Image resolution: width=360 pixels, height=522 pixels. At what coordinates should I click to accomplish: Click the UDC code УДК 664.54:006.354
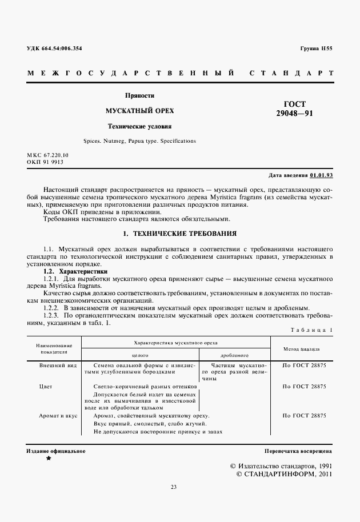pyautogui.click(x=54, y=48)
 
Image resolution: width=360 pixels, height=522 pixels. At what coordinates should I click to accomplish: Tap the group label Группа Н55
pyautogui.click(x=316, y=48)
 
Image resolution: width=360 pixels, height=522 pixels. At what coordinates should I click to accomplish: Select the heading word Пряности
pyautogui.click(x=141, y=95)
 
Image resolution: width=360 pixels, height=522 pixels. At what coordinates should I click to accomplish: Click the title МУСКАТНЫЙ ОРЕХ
pyautogui.click(x=141, y=111)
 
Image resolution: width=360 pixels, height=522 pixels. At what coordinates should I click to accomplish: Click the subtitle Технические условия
pyautogui.click(x=141, y=126)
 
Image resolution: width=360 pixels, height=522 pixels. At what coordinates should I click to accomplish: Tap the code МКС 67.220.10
pyautogui.click(x=47, y=155)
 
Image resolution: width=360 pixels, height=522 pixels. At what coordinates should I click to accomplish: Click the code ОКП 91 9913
pyautogui.click(x=45, y=162)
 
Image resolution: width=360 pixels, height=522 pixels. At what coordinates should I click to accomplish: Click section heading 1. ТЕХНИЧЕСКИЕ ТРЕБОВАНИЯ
pyautogui.click(x=180, y=234)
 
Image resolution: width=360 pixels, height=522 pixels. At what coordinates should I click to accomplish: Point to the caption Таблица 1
pyautogui.click(x=311, y=330)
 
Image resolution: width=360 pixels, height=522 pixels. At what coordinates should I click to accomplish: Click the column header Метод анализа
pyautogui.click(x=301, y=348)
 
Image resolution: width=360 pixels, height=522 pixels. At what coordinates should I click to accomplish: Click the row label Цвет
pyautogui.click(x=46, y=387)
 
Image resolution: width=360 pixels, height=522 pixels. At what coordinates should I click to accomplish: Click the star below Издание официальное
pyautogui.click(x=48, y=459)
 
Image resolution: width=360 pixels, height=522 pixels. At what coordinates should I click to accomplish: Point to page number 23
pyautogui.click(x=174, y=487)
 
